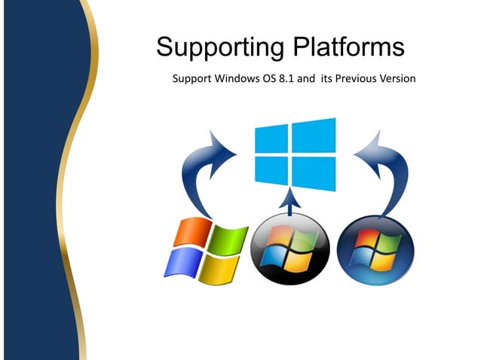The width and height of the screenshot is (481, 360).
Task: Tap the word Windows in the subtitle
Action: pyautogui.click(x=238, y=78)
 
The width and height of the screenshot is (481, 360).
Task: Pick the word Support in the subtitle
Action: pyautogui.click(x=193, y=78)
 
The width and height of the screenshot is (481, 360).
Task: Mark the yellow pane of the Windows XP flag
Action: pyautogui.click(x=218, y=267)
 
